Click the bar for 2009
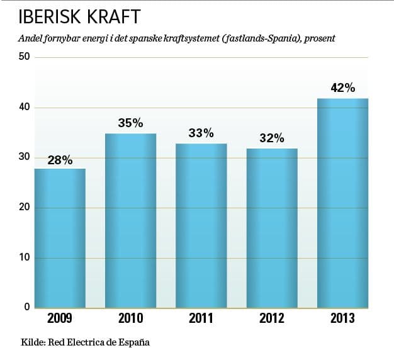(x=60, y=239)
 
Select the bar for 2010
(x=130, y=221)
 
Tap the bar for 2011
(x=201, y=226)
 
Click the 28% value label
(x=60, y=160)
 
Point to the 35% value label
(x=130, y=123)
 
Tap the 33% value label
(x=201, y=133)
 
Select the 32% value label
(x=272, y=138)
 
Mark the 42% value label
(x=343, y=88)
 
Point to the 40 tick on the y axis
(x=25, y=108)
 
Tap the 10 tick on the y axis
(x=25, y=258)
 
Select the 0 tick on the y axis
(x=28, y=307)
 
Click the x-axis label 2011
(x=201, y=318)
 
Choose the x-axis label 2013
(x=342, y=318)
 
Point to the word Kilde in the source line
(x=32, y=343)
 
